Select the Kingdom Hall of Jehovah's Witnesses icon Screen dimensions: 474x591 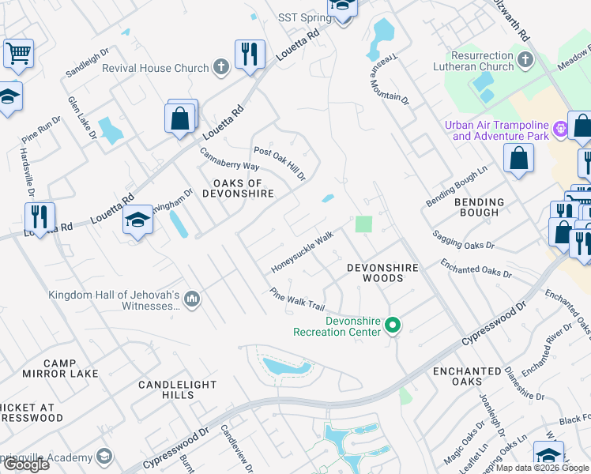(192, 300)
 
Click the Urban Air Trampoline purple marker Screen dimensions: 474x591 (560, 127)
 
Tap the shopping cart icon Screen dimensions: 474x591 (17, 54)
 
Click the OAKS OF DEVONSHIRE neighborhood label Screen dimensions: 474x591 (238, 188)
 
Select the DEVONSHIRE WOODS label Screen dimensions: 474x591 (382, 273)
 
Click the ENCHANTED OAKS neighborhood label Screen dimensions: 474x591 (467, 376)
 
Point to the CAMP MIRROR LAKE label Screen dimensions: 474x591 (71, 368)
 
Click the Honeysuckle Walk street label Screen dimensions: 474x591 (303, 251)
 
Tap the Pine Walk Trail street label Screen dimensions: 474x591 (297, 299)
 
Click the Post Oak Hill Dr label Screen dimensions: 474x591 (279, 162)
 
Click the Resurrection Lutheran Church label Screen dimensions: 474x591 (482, 62)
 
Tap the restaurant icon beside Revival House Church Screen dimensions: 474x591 (250, 55)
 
